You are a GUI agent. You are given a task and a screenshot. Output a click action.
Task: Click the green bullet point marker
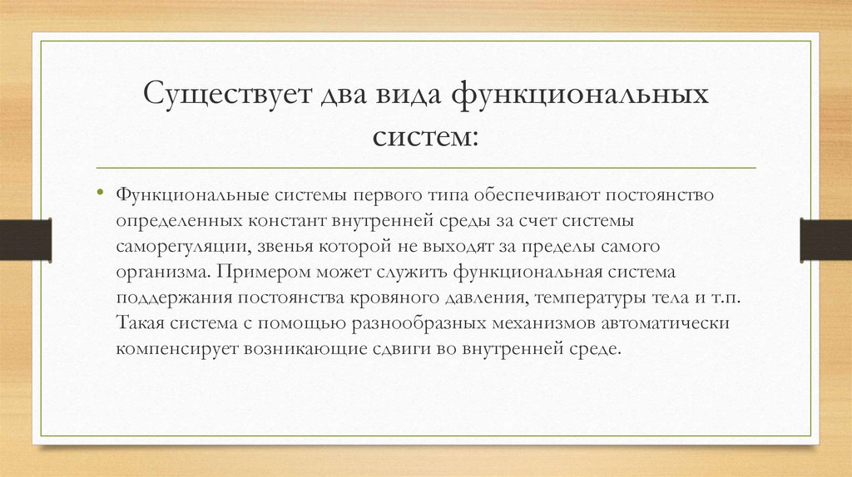(99, 193)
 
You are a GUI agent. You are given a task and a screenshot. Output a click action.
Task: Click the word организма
(161, 273)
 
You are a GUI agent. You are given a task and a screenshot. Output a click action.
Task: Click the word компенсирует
(177, 348)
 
